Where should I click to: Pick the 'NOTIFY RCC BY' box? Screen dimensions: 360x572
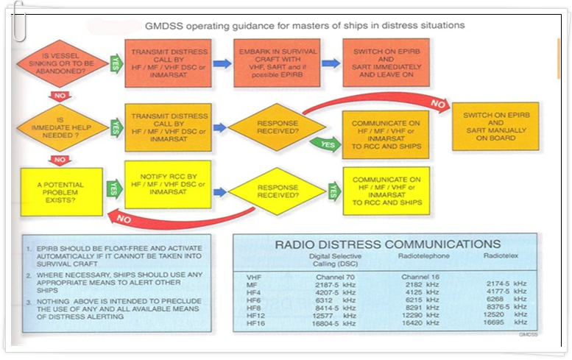point(168,184)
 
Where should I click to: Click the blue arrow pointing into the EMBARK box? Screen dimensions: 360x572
point(222,64)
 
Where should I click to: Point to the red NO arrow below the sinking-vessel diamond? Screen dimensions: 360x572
point(62,95)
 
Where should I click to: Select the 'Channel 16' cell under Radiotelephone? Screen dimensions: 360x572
point(418,276)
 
